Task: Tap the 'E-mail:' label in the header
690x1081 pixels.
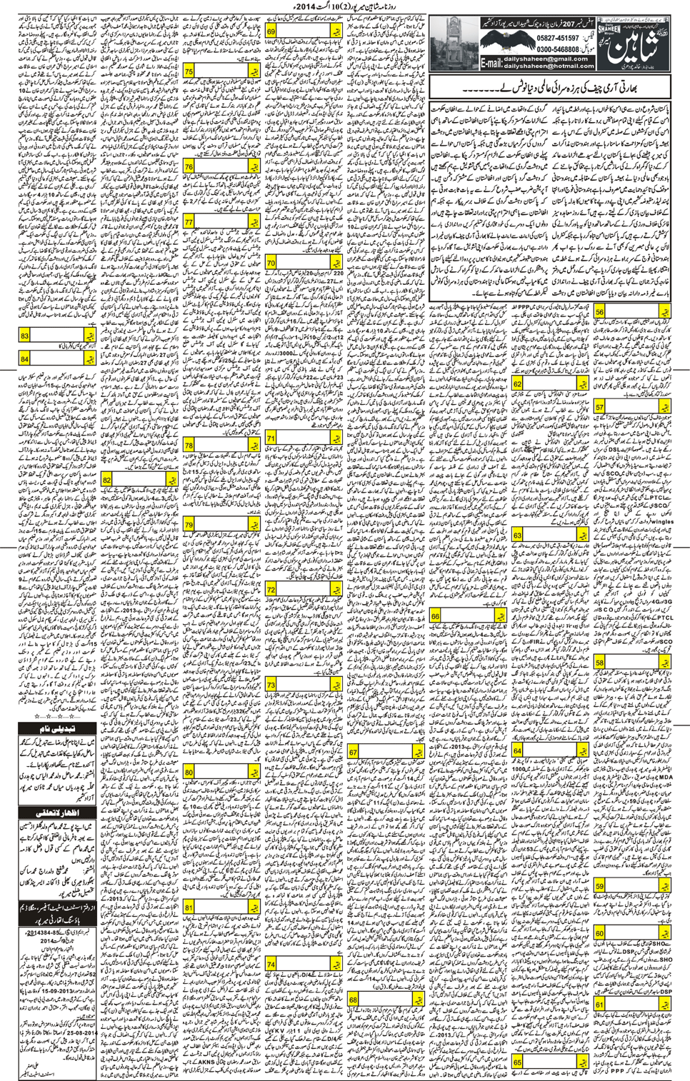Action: (x=491, y=63)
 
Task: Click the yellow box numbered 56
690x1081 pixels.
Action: (x=599, y=313)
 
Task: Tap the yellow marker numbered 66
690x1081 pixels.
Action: (x=435, y=616)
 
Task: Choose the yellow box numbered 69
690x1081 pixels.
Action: (x=271, y=31)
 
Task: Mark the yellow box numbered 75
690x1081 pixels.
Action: (x=189, y=71)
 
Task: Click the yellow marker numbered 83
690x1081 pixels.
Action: (x=25, y=335)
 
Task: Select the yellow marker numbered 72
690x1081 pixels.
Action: (x=271, y=589)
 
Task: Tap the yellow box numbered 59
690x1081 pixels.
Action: (x=599, y=886)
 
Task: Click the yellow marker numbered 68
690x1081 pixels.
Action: (x=354, y=1000)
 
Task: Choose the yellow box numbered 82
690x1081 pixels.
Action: (x=107, y=480)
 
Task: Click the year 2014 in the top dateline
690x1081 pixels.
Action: (x=311, y=7)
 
